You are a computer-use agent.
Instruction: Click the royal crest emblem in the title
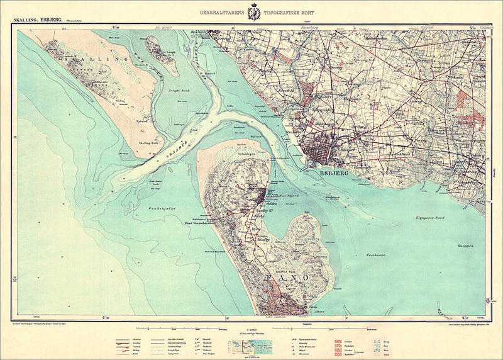point(254,12)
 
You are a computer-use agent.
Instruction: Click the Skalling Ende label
point(148,143)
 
